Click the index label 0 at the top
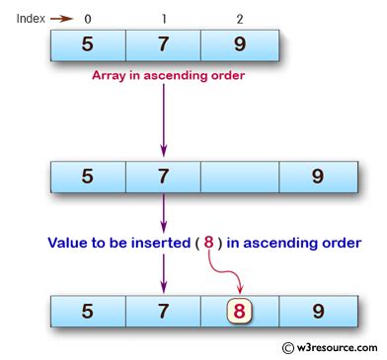[89, 19]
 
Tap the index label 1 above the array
[163, 19]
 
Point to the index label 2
[238, 19]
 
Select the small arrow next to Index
[62, 19]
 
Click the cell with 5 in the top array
[88, 45]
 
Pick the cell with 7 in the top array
[163, 45]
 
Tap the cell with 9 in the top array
[238, 45]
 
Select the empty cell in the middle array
[240, 179]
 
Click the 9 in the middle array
[316, 179]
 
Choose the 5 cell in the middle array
[88, 179]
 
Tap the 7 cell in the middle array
[163, 179]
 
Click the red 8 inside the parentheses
[237, 241]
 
